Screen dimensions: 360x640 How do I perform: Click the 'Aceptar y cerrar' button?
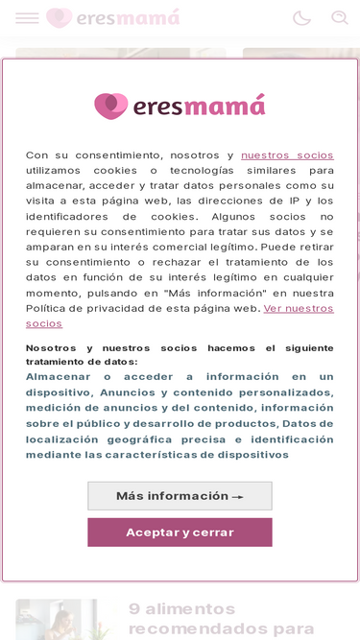tap(180, 533)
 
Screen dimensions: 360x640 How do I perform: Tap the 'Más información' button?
tap(180, 496)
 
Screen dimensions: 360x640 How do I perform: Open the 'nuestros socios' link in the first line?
tap(287, 155)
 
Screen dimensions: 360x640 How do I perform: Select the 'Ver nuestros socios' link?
tap(299, 309)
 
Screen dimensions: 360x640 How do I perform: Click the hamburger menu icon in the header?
tap(27, 18)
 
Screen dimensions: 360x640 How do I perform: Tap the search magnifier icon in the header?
tap(340, 18)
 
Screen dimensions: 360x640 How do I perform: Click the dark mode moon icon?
tap(301, 18)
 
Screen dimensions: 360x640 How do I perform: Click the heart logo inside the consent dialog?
tap(110, 106)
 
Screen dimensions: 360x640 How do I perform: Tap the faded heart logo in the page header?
tap(59, 18)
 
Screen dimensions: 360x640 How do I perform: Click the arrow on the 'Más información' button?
tap(237, 497)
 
